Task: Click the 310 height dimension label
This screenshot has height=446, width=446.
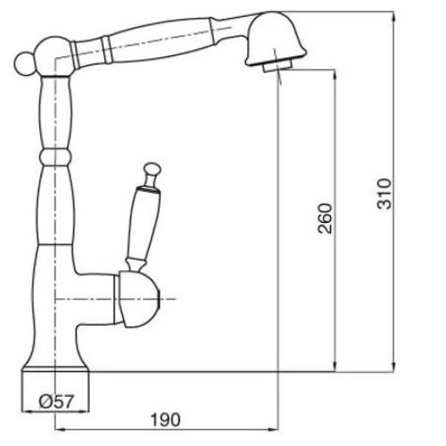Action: (384, 194)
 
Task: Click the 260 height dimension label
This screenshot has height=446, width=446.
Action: (325, 219)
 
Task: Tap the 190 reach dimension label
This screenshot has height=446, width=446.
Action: (166, 420)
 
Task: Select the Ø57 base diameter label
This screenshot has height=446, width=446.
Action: (56, 401)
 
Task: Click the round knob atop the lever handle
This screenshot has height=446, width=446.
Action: (152, 168)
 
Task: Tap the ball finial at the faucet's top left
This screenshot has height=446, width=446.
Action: (24, 64)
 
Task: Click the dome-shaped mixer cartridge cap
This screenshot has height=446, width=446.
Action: (138, 300)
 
